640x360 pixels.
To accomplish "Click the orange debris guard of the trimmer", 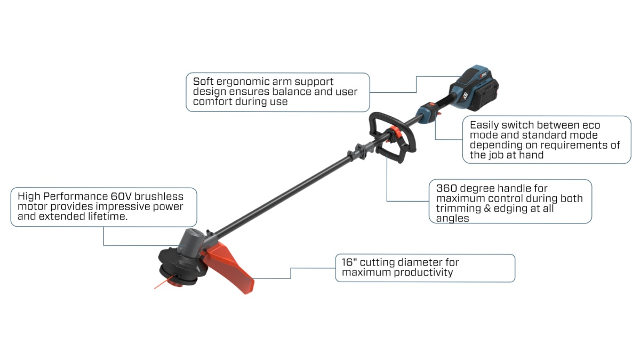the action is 229,267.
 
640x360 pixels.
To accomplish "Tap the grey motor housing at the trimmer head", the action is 190,242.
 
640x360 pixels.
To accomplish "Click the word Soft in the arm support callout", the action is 203,82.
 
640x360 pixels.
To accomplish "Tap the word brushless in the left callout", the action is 159,196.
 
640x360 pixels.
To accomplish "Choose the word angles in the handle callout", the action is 453,219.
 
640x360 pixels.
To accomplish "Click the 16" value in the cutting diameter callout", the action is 349,262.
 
